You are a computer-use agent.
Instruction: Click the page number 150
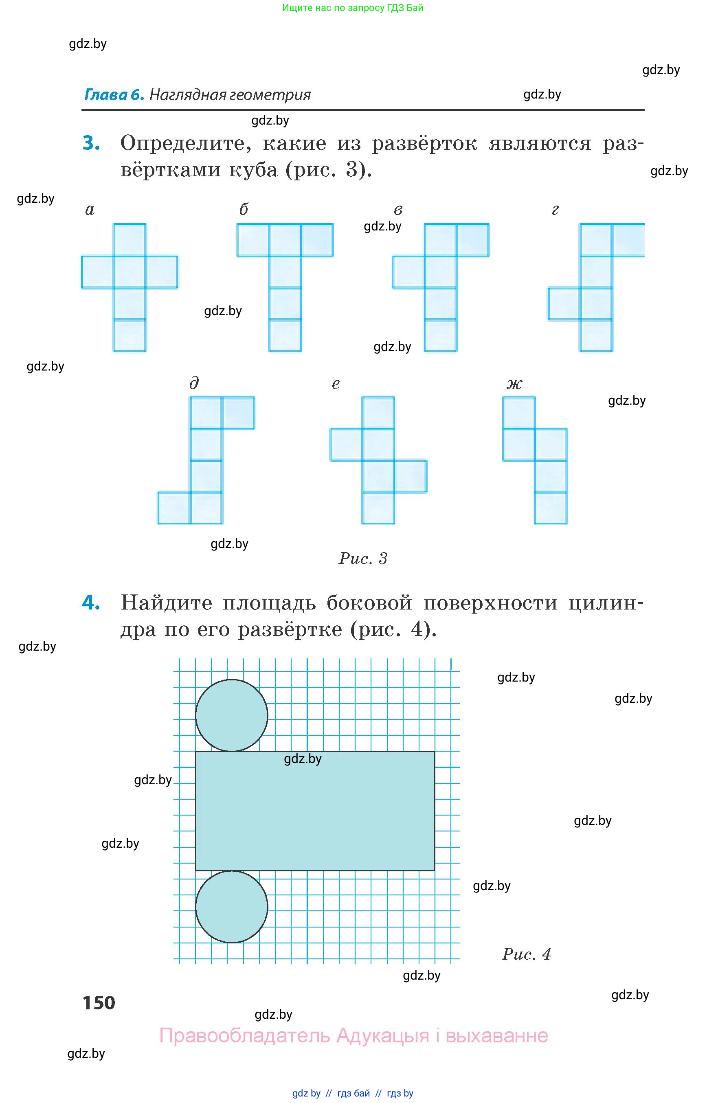coord(99,1002)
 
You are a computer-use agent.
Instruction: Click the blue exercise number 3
coord(91,143)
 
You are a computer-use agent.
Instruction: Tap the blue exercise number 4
coord(91,602)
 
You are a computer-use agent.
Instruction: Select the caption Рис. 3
coord(363,558)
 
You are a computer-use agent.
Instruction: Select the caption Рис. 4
coord(526,954)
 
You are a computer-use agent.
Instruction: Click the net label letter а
coord(90,210)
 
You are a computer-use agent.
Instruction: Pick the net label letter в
coord(398,210)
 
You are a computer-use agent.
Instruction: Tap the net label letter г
coord(555,210)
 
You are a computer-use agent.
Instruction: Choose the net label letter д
coord(194,383)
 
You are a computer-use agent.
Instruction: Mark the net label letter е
coord(336,384)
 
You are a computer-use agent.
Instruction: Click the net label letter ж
coord(514,384)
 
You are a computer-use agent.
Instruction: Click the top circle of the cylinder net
coord(231,715)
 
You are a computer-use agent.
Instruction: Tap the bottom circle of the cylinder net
coord(231,907)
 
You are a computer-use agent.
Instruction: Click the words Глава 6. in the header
coord(114,95)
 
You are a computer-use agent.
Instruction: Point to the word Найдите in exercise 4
coord(166,603)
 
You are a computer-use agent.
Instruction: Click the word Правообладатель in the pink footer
coord(244,1035)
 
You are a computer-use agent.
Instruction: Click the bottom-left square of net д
coord(174,508)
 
